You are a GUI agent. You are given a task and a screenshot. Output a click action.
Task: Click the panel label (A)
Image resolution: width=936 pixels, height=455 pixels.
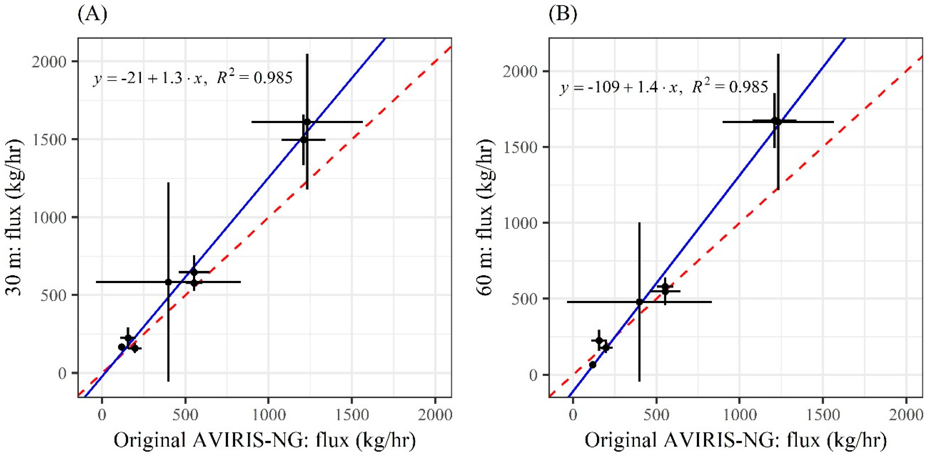[92, 15]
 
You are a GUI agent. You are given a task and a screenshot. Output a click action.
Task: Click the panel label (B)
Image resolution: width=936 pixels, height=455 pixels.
[563, 15]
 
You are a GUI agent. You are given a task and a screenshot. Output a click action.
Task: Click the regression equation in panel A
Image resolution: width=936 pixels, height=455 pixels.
[193, 78]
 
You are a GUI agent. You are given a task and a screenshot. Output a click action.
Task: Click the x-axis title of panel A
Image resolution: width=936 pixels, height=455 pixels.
[265, 440]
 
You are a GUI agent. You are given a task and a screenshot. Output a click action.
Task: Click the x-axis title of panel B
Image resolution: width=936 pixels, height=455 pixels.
[735, 440]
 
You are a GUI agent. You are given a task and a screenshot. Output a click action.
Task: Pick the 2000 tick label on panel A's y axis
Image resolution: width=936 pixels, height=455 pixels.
[49, 62]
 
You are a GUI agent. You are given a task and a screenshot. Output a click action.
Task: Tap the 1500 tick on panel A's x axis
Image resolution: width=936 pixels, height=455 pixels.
[351, 415]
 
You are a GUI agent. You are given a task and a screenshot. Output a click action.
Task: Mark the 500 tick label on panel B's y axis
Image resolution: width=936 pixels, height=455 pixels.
[525, 299]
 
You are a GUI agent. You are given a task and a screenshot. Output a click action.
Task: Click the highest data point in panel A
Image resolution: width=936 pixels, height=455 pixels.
[307, 122]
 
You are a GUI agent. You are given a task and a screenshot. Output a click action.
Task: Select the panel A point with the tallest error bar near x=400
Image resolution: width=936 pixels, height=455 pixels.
[168, 282]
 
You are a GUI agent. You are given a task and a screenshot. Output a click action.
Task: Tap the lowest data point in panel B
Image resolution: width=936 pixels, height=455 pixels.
[593, 364]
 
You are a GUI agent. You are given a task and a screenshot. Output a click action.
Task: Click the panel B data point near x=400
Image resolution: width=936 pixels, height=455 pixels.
[639, 302]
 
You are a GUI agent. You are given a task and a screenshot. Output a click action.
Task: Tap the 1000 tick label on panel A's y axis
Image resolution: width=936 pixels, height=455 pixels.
[49, 217]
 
